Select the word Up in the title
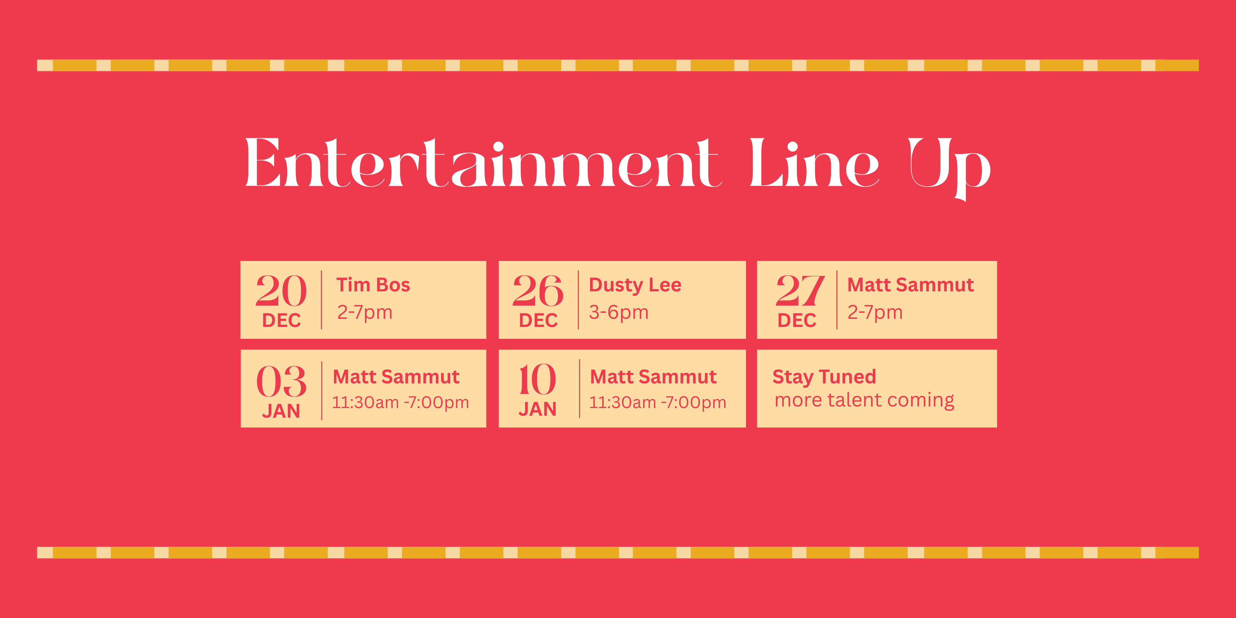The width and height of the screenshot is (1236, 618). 950,168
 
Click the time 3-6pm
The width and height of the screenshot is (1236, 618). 618,313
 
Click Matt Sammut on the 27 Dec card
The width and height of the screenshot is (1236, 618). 910,285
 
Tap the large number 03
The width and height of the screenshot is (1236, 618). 281,381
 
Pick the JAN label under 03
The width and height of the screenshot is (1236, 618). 281,411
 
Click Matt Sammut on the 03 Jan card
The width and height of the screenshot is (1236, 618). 396,377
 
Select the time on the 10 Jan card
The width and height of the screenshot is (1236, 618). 657,402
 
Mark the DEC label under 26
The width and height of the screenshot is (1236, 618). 538,320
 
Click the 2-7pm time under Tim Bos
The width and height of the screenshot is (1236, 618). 365,313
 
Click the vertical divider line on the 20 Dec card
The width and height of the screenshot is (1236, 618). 321,300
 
